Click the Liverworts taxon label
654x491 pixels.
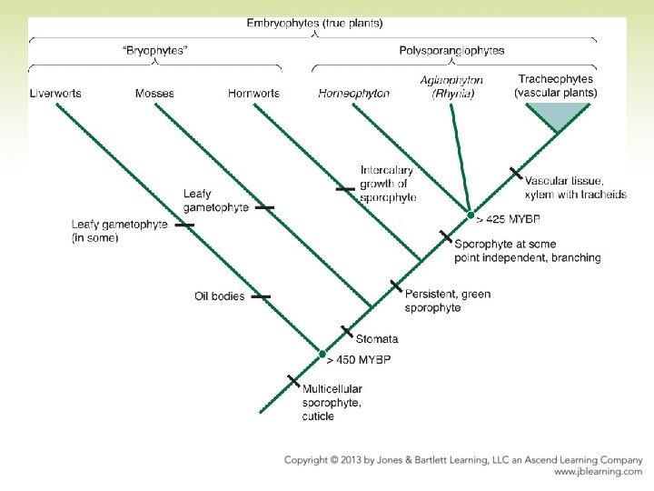pos(55,94)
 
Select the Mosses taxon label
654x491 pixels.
pos(154,94)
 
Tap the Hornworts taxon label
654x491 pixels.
pos(254,94)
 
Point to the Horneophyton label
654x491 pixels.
pos(354,94)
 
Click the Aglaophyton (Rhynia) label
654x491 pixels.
pos(451,86)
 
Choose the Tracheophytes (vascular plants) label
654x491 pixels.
pos(556,86)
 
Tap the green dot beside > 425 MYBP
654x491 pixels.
pos(471,215)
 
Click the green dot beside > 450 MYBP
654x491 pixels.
pos(322,353)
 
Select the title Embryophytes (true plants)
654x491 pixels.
pos(314,23)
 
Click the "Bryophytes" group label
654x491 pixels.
pos(155,51)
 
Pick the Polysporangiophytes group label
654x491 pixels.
pos(451,51)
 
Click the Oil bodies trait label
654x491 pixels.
pos(220,296)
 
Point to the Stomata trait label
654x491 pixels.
pos(377,339)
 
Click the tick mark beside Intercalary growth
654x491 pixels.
pos(345,189)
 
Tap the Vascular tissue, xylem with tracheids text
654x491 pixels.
pos(576,188)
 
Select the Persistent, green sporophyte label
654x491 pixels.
pos(448,301)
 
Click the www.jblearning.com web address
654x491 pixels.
pos(598,472)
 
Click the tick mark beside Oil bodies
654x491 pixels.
pos(261,296)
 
